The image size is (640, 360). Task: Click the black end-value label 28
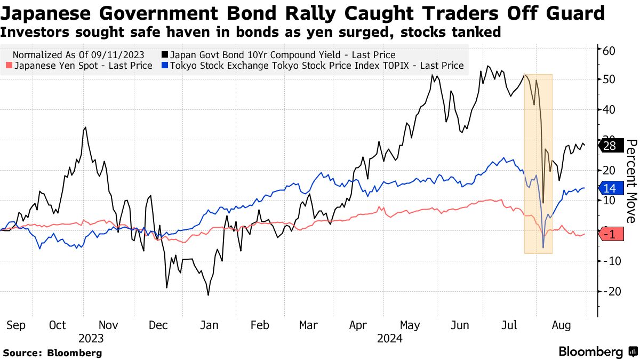click(x=611, y=146)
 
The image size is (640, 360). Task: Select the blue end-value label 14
click(x=611, y=188)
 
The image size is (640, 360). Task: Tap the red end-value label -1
click(x=611, y=234)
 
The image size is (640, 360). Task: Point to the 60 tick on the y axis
click(x=609, y=51)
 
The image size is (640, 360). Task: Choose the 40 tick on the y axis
click(x=609, y=110)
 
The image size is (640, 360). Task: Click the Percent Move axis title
click(x=631, y=181)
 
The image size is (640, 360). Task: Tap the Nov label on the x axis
click(x=108, y=325)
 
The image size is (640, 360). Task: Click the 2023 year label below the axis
click(x=91, y=338)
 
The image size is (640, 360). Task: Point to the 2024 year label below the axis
click(x=390, y=338)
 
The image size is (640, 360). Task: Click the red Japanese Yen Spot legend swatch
click(x=9, y=66)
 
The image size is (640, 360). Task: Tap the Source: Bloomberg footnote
click(x=52, y=353)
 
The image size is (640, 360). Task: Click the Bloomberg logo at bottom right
click(x=597, y=351)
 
